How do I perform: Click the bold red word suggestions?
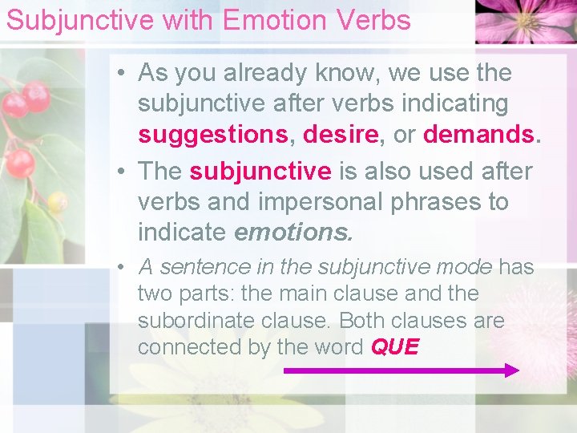pyautogui.click(x=212, y=134)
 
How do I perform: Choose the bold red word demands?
pyautogui.click(x=478, y=134)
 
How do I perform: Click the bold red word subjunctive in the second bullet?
pyautogui.click(x=260, y=171)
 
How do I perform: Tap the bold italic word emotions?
pyautogui.click(x=293, y=233)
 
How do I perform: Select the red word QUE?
pyautogui.click(x=395, y=347)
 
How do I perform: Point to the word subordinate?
pyautogui.click(x=192, y=320)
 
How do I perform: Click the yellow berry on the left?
pyautogui.click(x=57, y=201)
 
